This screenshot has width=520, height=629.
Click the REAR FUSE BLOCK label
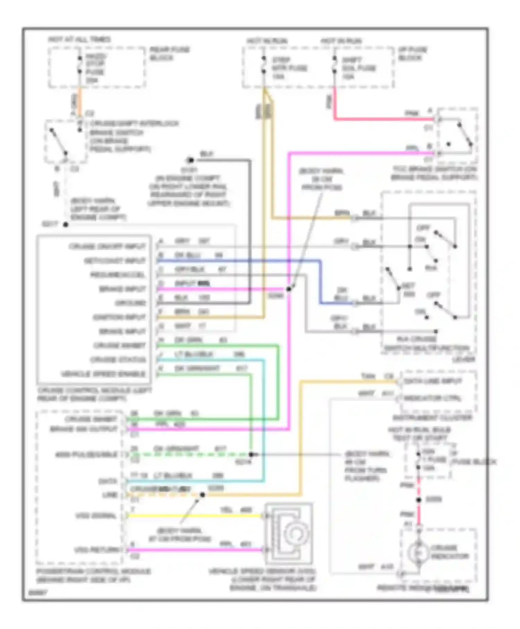point(170,54)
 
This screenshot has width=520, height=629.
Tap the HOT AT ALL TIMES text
point(79,40)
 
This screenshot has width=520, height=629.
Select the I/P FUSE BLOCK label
point(412,54)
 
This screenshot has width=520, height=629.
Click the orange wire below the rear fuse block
point(80,102)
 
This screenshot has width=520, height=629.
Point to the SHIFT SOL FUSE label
point(359,68)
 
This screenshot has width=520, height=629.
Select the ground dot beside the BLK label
point(190,160)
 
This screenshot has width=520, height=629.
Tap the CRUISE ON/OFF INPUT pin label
point(107,247)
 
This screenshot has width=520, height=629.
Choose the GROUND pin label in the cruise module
point(131,303)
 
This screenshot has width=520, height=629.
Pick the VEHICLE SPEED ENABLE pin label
point(103,374)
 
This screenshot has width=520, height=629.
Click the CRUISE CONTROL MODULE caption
point(94,394)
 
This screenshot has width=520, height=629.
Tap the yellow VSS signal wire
point(194,516)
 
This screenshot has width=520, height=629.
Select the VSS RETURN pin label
point(97,550)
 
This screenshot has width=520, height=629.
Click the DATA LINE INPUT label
point(433,381)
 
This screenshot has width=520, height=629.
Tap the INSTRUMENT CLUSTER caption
point(432,418)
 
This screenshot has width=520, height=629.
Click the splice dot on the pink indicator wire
point(419,500)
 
